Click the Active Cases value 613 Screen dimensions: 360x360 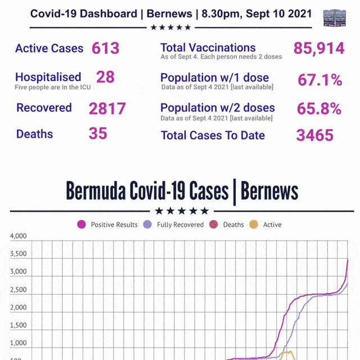[106, 48]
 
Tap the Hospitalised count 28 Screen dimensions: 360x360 [105, 77]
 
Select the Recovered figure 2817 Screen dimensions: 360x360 [107, 108]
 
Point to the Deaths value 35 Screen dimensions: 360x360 [98, 134]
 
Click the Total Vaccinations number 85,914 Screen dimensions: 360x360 [319, 49]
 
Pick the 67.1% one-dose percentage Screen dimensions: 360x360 [319, 80]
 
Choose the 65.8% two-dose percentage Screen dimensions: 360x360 [319, 108]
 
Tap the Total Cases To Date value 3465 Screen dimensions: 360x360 [315, 135]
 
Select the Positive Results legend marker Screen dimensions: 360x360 [82, 224]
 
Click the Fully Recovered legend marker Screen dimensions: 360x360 [148, 224]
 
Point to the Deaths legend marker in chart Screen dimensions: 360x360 [214, 224]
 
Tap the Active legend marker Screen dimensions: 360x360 [254, 224]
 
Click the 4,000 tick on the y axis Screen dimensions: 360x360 [18, 237]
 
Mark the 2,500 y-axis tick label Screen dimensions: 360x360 [18, 290]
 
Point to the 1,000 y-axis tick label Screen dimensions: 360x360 [18, 343]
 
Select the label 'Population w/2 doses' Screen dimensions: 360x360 [218, 108]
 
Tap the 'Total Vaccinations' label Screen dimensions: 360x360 [208, 48]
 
